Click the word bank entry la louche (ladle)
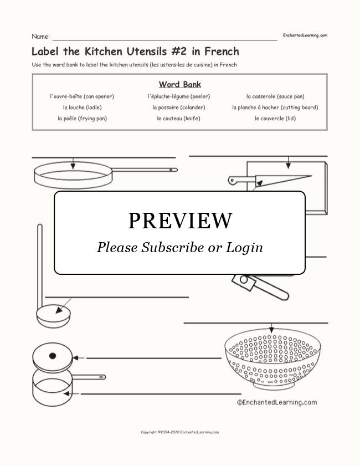point(82,107)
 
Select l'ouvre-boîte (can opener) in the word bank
point(82,96)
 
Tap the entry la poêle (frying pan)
point(82,119)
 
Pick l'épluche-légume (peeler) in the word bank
point(178,96)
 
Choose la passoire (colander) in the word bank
point(178,107)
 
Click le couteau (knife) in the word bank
point(178,119)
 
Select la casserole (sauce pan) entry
point(275,96)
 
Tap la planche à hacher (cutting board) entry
point(275,107)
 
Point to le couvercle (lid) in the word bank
point(275,119)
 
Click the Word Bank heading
point(179,85)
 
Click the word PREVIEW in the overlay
point(179,221)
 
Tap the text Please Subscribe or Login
point(179,247)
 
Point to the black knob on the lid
point(52,356)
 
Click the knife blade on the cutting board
point(285,179)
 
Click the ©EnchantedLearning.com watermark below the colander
point(276,403)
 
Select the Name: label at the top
point(40,37)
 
